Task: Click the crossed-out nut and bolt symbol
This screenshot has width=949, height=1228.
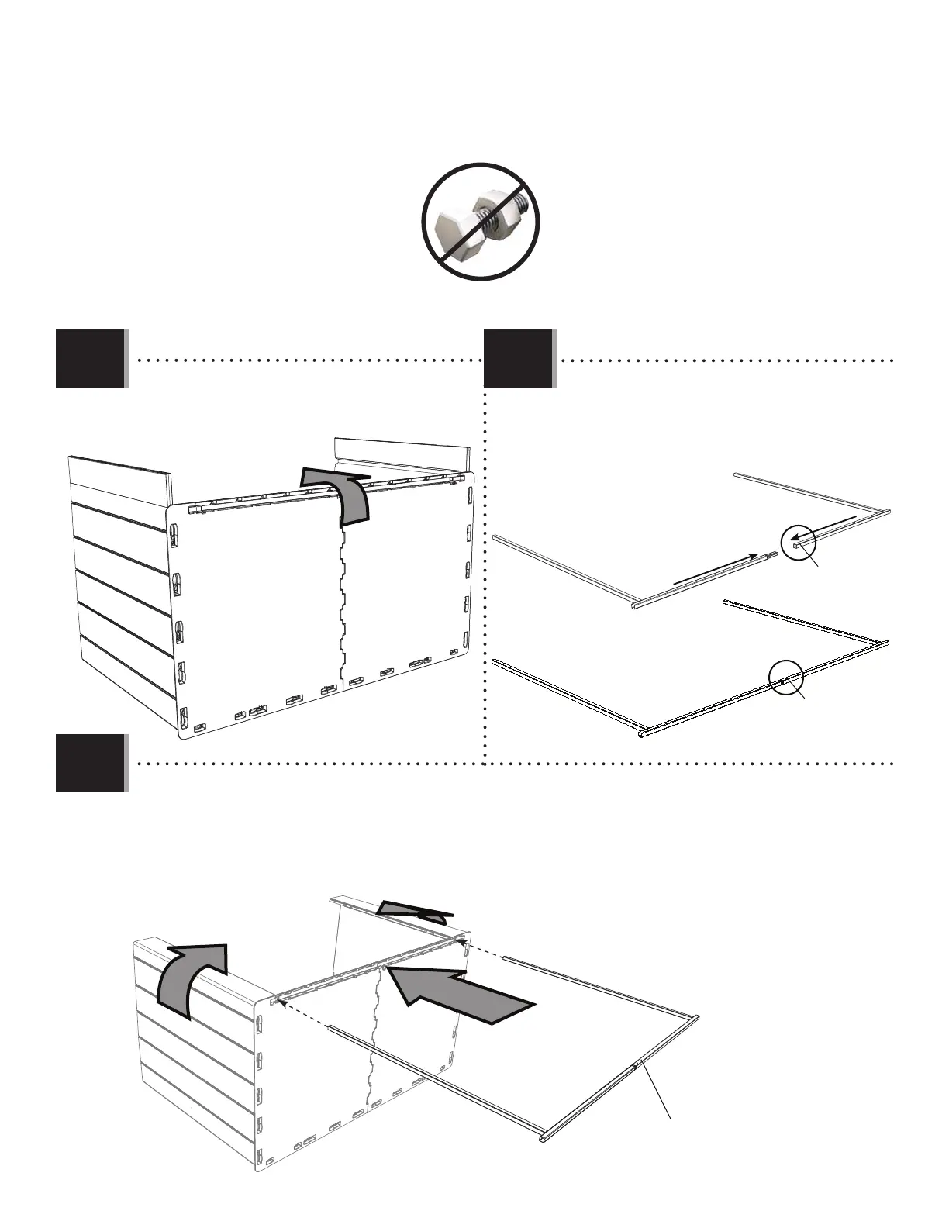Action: pos(480,222)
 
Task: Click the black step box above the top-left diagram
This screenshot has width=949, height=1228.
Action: pos(90,357)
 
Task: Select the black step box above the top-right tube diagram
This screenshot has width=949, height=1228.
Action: pos(518,357)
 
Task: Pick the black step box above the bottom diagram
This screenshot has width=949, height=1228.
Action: pos(90,762)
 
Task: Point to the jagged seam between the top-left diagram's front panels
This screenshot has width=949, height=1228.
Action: pos(341,605)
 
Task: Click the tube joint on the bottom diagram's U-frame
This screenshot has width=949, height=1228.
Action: pos(637,1064)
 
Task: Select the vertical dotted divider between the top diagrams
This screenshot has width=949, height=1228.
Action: pos(484,574)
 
